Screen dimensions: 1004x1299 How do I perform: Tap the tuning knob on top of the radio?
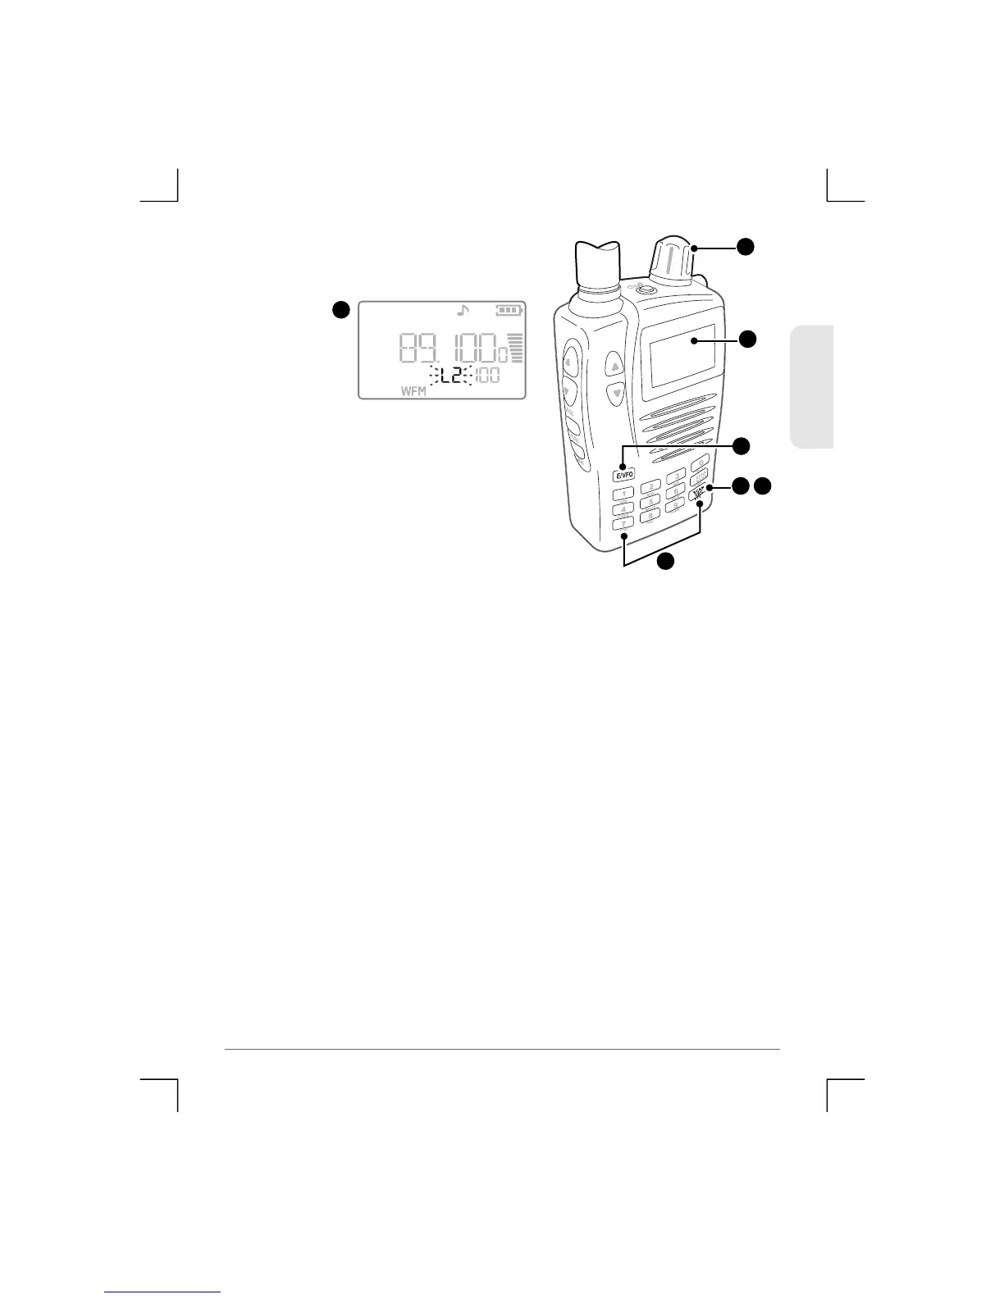pyautogui.click(x=674, y=261)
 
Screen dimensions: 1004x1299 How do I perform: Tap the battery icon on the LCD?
pyautogui.click(x=509, y=311)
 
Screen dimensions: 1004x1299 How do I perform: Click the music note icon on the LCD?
pyautogui.click(x=463, y=311)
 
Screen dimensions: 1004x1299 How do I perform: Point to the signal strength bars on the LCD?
pyautogui.click(x=516, y=349)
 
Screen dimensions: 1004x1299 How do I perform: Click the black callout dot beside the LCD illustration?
pyautogui.click(x=340, y=309)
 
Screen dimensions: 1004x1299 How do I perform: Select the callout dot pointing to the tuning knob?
pyautogui.click(x=744, y=246)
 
